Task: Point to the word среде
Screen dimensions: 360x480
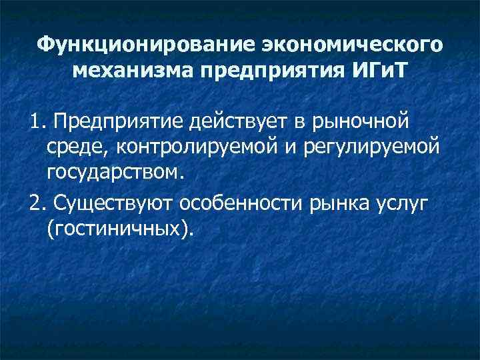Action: (x=72, y=147)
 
